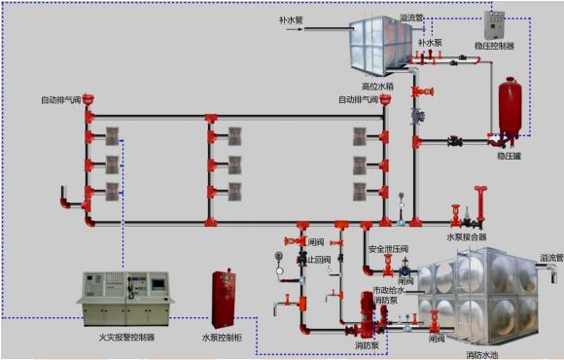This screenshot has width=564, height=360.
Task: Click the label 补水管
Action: coord(293,18)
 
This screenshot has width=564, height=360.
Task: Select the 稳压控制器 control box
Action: coord(495,23)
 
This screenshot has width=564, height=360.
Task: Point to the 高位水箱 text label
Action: coord(378,87)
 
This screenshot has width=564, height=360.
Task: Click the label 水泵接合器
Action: coord(466,236)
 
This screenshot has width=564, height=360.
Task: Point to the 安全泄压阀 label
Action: coord(388,248)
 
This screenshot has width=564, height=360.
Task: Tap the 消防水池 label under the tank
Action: coord(482,355)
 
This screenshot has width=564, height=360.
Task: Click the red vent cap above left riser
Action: coord(88,97)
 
